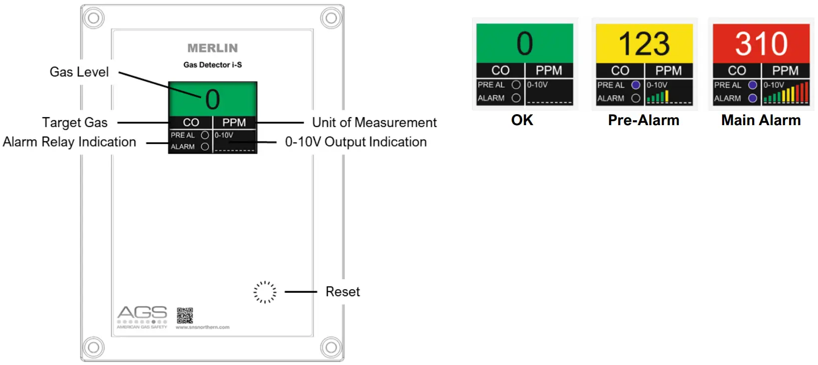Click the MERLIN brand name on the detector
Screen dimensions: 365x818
[213, 48]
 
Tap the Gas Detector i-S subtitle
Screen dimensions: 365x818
[213, 65]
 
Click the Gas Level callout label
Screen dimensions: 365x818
[79, 72]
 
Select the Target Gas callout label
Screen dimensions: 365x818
[75, 123]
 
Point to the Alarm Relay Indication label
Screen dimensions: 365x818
[69, 142]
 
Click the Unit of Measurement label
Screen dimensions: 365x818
[374, 123]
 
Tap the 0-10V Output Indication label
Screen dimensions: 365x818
[356, 142]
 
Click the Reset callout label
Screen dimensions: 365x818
[342, 292]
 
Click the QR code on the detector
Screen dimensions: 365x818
[185, 316]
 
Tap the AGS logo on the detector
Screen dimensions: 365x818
[142, 314]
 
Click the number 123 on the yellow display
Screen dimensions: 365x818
[644, 44]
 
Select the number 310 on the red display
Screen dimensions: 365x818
[761, 44]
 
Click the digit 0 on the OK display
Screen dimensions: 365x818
[525, 44]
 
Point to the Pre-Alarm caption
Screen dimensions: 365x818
[643, 121]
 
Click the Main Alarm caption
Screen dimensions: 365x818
[761, 121]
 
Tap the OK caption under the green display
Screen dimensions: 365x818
[522, 121]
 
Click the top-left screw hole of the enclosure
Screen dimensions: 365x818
[93, 18]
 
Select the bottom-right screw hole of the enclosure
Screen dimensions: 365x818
[330, 347]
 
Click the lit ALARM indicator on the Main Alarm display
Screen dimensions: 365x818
[753, 98]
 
